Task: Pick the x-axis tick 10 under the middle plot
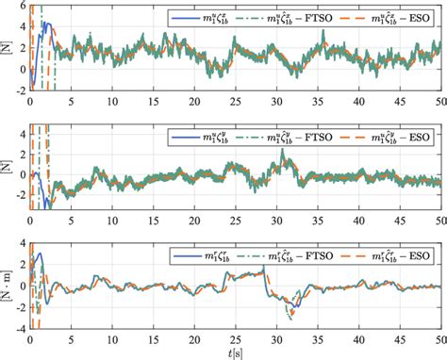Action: pyautogui.click(x=112, y=221)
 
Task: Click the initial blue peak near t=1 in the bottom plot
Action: pyautogui.click(x=39, y=254)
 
